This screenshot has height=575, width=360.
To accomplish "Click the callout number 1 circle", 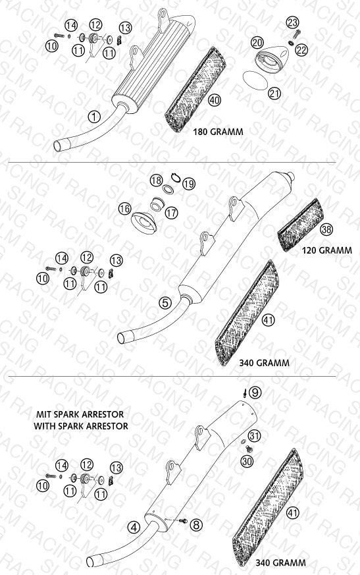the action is coord(94,117).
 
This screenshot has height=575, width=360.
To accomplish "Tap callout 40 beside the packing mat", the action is coord(215,100).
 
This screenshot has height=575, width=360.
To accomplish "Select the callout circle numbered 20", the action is coord(257,43).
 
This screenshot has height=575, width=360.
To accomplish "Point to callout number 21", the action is coord(274,93).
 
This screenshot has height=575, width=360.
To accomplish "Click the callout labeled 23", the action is coord(293,23).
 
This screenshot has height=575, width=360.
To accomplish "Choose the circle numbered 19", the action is coord(189,184).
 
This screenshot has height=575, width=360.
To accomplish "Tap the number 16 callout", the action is coord(124,209).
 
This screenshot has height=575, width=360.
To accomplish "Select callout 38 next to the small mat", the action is coord(326,230).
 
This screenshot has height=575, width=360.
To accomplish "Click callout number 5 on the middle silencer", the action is coord(165,303).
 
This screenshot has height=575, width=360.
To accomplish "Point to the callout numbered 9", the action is coord(255,393).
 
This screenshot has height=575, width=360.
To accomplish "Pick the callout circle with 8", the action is coord(196,525).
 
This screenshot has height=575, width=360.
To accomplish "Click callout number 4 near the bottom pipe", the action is coord(134,528).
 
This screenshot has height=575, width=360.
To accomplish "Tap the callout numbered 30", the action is coord(247,461).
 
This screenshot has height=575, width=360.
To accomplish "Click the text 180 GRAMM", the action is coord(218,132).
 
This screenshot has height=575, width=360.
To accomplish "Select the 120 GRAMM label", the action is coord(327,250).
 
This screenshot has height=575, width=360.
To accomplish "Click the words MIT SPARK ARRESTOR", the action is coord(80,414).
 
